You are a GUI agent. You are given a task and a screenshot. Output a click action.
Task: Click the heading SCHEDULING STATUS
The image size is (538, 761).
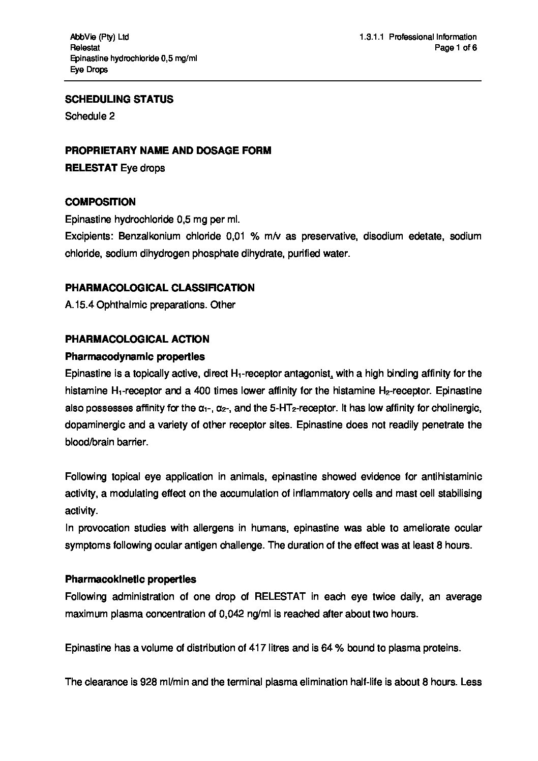click(119, 99)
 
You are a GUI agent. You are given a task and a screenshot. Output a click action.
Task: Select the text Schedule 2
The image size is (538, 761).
click(89, 116)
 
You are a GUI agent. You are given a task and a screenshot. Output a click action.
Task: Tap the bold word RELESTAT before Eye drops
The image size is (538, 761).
click(91, 168)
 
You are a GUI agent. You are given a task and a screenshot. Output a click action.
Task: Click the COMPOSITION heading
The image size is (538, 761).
click(100, 202)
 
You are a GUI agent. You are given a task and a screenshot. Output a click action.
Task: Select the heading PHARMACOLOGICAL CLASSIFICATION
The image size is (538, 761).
click(160, 288)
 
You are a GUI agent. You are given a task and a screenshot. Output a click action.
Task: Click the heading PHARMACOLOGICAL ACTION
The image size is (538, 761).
click(137, 339)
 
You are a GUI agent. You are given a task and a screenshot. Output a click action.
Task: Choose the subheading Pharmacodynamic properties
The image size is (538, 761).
click(135, 356)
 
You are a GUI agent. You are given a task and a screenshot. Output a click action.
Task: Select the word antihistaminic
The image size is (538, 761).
click(446, 477)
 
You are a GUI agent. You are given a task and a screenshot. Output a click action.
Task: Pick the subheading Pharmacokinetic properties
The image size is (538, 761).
click(131, 579)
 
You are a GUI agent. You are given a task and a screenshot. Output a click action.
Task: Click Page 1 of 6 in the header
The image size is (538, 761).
click(456, 48)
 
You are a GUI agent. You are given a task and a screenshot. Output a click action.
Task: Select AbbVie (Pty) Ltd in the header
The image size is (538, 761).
click(99, 37)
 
